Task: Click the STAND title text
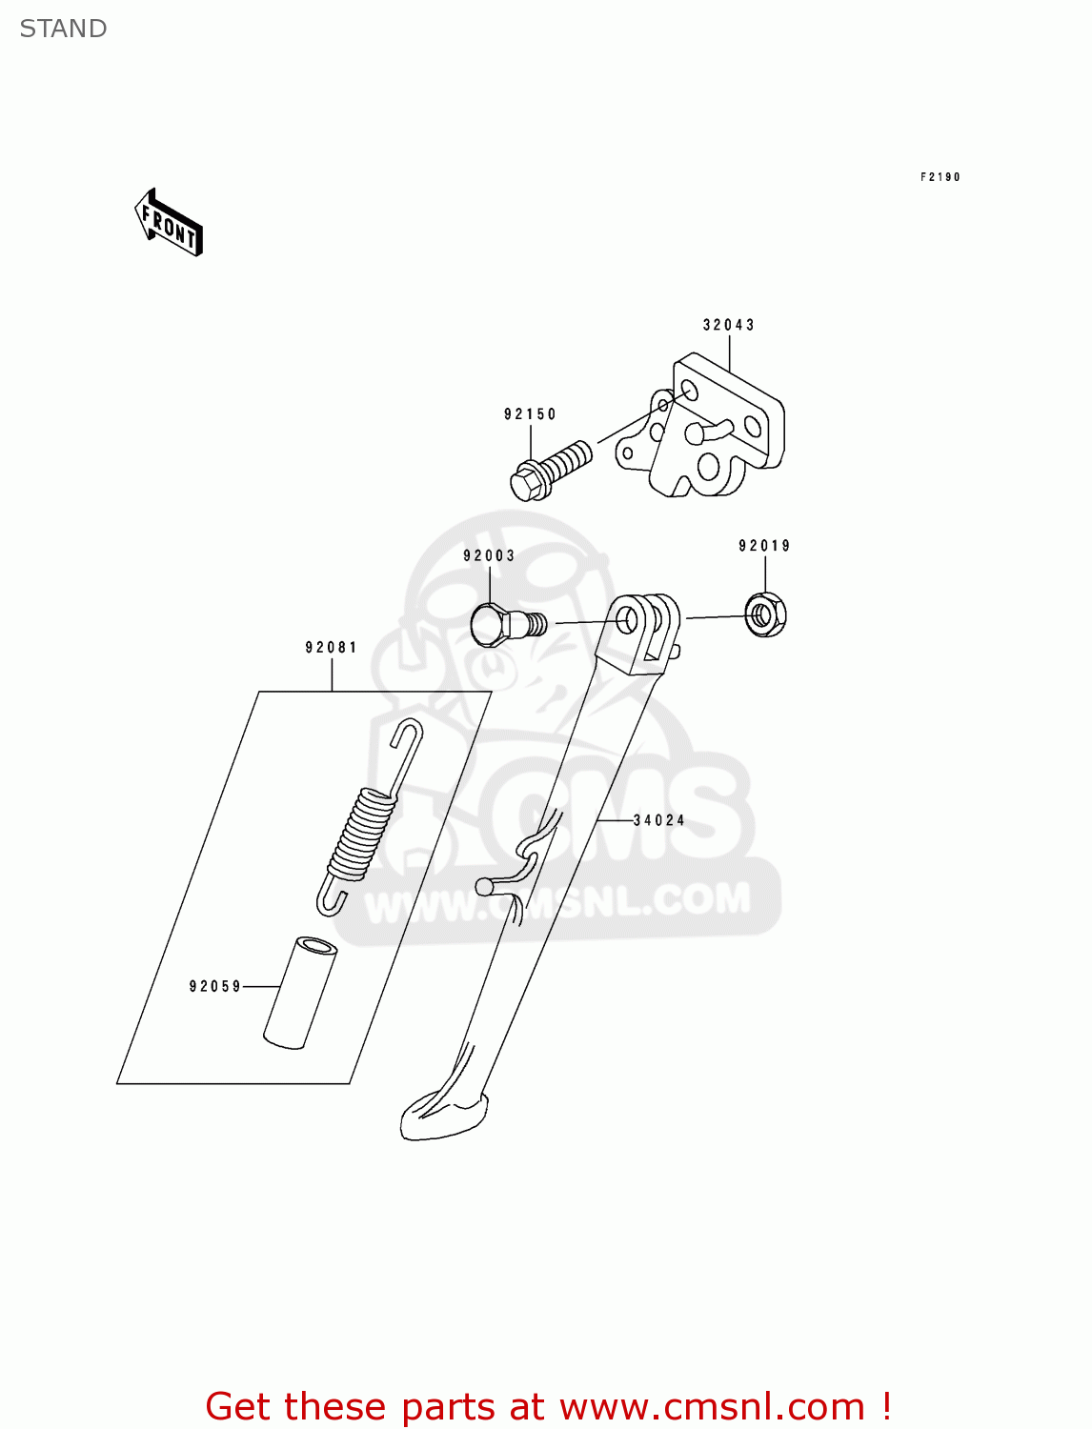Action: point(63,29)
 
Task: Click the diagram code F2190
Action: point(940,177)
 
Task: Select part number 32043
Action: point(728,325)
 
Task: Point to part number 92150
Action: point(530,414)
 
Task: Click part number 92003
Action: point(489,555)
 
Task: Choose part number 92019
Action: point(764,546)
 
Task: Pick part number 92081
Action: point(331,648)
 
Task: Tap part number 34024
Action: point(659,820)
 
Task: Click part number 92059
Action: point(215,987)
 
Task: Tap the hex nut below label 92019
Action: point(764,614)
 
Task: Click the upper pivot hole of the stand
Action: point(628,620)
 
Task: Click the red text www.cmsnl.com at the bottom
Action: point(711,1407)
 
